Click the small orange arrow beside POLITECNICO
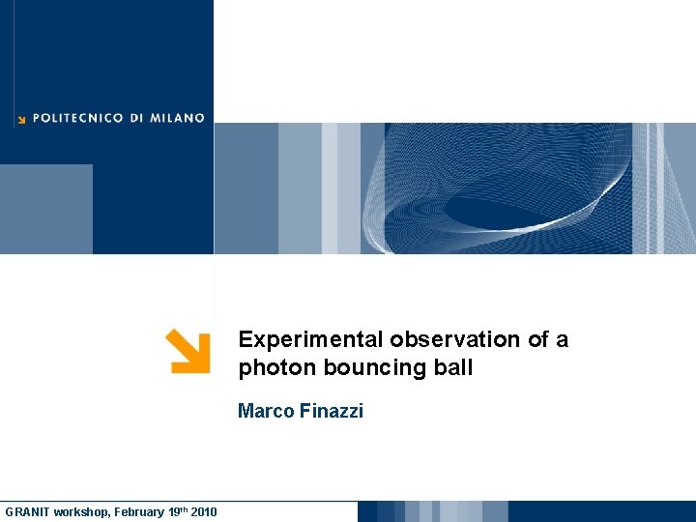pos(20,120)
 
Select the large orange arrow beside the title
pos(188,351)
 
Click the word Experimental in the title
pos(312,339)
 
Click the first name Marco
pos(265,411)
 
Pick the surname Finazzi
pos(331,411)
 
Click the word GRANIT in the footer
pos(26,511)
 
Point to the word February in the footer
pos(139,511)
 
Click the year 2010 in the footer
pos(204,511)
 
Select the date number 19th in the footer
pos(177,510)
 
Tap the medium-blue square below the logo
pos(46,209)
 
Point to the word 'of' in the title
pos(538,339)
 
